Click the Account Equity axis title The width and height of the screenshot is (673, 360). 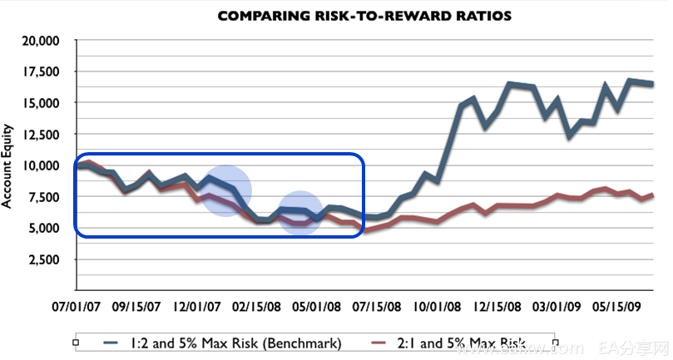pos(10,165)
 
